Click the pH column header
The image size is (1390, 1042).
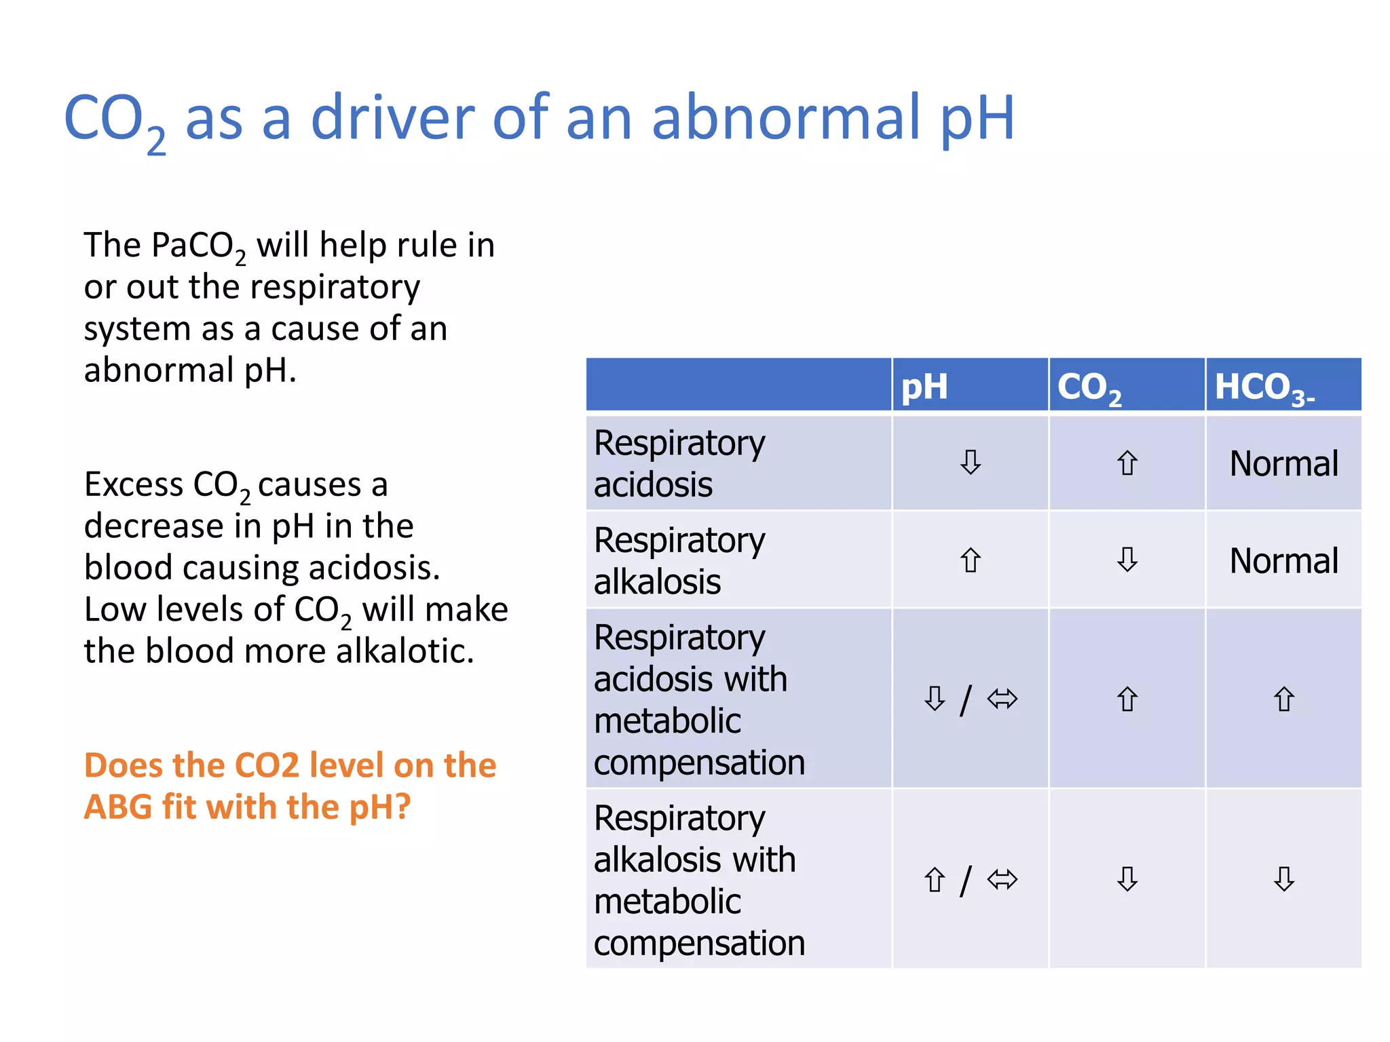coord(924,387)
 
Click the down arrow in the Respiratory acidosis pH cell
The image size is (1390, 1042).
coord(971,463)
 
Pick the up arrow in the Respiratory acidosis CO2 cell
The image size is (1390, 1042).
coord(1127,463)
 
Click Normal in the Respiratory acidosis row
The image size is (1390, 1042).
coord(1283,464)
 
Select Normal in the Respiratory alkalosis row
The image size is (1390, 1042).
coord(1283,561)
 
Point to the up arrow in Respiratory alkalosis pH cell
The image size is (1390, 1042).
coord(971,560)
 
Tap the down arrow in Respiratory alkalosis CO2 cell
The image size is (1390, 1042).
coord(1127,560)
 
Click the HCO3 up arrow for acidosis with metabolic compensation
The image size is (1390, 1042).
coord(1283,699)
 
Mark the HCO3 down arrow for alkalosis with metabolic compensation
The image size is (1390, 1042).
coord(1283,879)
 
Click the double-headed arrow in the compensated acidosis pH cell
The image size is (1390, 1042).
coord(1002,699)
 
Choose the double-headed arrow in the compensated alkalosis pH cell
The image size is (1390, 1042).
coord(1002,880)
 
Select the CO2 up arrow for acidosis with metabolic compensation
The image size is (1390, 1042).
coord(1127,699)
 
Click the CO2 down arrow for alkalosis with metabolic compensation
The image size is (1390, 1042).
coord(1127,879)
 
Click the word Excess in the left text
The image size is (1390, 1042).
coord(134,484)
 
